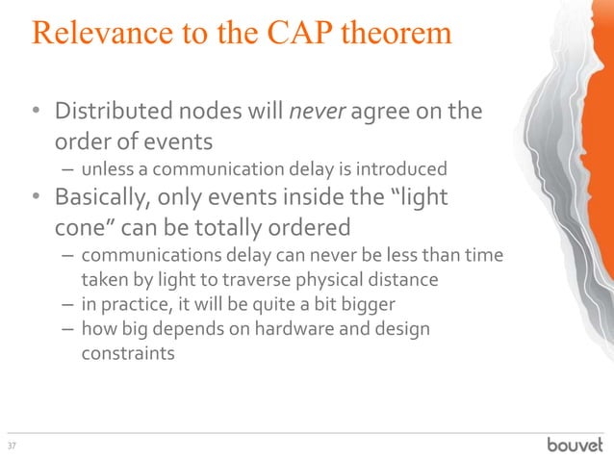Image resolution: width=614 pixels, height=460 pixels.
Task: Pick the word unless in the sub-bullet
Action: (108, 169)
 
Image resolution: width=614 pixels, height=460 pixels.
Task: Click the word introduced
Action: (407, 169)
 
